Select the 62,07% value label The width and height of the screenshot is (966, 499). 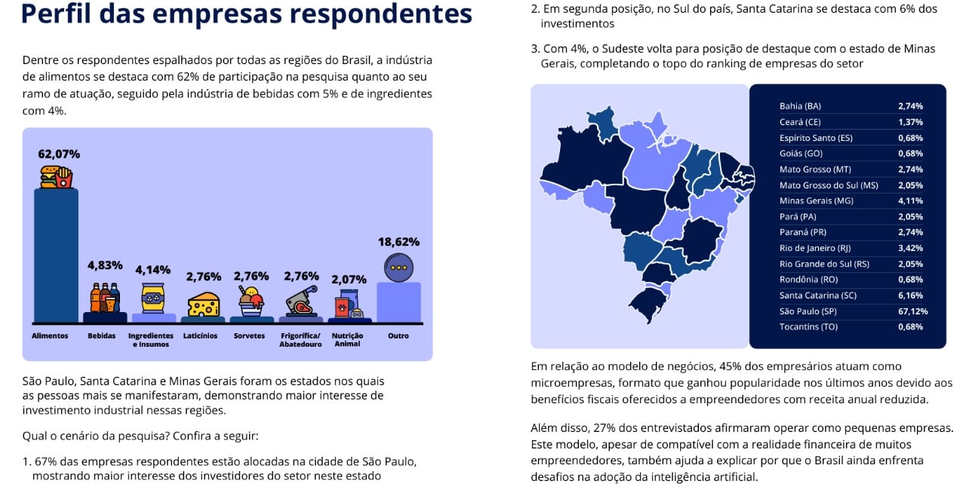[x=59, y=154]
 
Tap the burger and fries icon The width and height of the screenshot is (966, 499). [x=57, y=177]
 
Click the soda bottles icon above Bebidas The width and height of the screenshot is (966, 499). [x=105, y=297]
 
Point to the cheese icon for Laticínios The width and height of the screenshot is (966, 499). [x=203, y=304]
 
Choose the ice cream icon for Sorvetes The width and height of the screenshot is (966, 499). [x=251, y=301]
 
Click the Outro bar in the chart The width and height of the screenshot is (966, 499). [x=398, y=302]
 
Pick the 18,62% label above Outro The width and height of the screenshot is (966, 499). [x=398, y=242]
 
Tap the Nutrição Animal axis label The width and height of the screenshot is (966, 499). [x=347, y=339]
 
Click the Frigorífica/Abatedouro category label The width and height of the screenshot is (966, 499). [x=300, y=339]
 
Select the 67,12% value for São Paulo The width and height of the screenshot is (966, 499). [x=912, y=311]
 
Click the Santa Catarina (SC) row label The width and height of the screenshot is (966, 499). [x=817, y=295]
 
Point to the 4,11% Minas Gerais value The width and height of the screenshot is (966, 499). [x=910, y=201]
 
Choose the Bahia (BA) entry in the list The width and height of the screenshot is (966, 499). [x=800, y=106]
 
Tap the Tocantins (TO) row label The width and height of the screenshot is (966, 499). [x=808, y=327]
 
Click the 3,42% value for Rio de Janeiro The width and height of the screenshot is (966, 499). [x=910, y=248]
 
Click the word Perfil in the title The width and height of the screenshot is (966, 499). [x=56, y=14]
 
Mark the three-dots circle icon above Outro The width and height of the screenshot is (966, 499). [x=398, y=267]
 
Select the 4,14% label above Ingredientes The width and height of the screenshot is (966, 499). [x=153, y=269]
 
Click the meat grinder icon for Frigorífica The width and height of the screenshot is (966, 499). [x=300, y=301]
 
